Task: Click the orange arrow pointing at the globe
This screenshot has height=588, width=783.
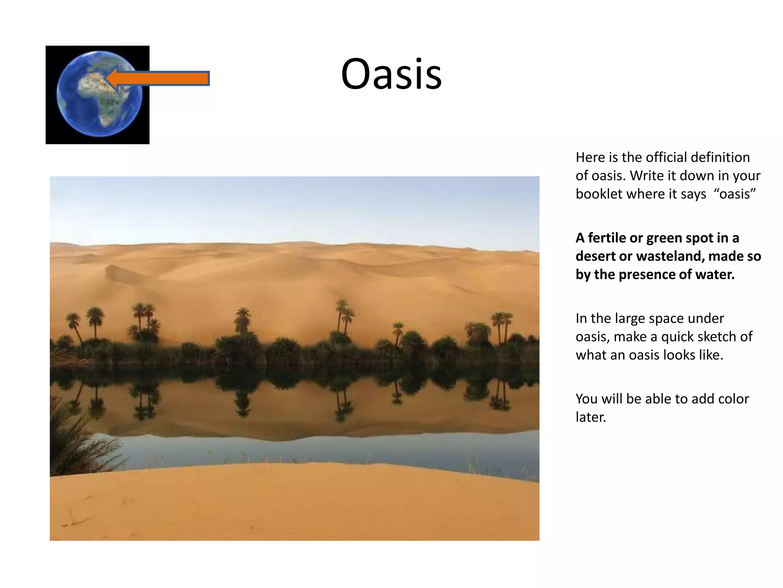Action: coord(164,78)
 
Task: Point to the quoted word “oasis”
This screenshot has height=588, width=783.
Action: coord(734,194)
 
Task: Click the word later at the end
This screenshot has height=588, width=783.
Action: coord(590,417)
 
